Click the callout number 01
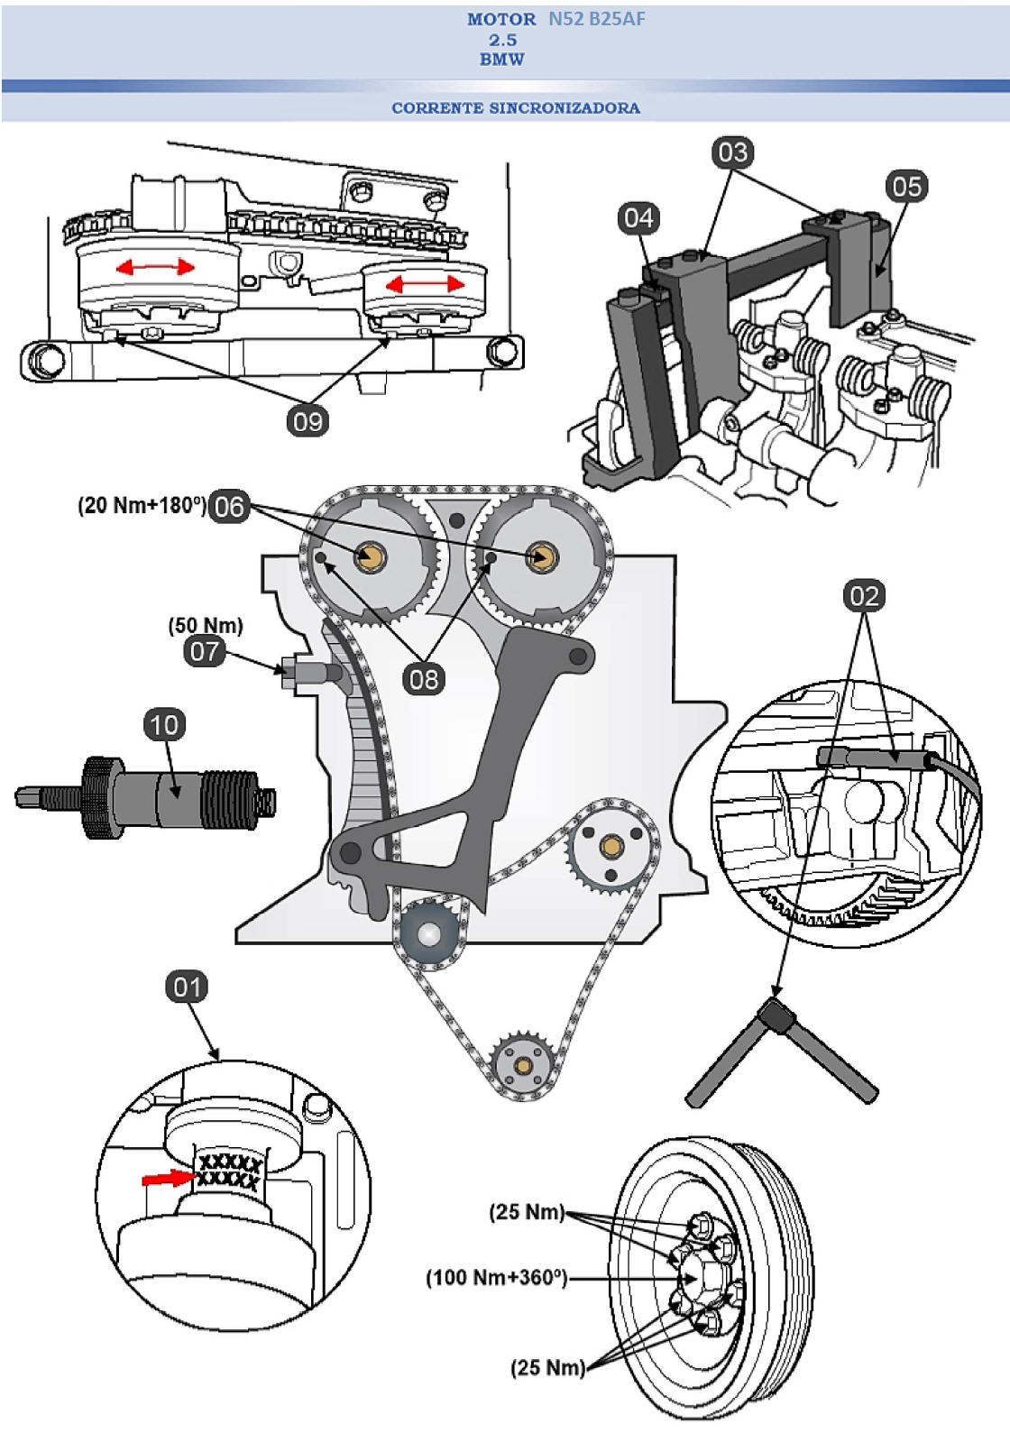point(187,987)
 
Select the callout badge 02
point(864,595)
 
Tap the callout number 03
point(732,152)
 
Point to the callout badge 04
point(638,217)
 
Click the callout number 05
point(906,187)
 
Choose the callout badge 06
point(228,506)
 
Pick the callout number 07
point(205,650)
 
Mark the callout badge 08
point(423,678)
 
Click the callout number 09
point(308,421)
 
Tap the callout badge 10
point(164,725)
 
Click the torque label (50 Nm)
point(206,625)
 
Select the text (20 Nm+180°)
point(142,505)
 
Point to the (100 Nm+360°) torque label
point(496,1277)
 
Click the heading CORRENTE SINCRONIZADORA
point(516,108)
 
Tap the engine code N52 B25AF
point(596,19)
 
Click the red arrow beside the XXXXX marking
point(169,1178)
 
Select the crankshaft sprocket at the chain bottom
point(520,1064)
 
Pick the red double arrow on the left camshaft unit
point(155,267)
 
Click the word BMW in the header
point(502,60)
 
